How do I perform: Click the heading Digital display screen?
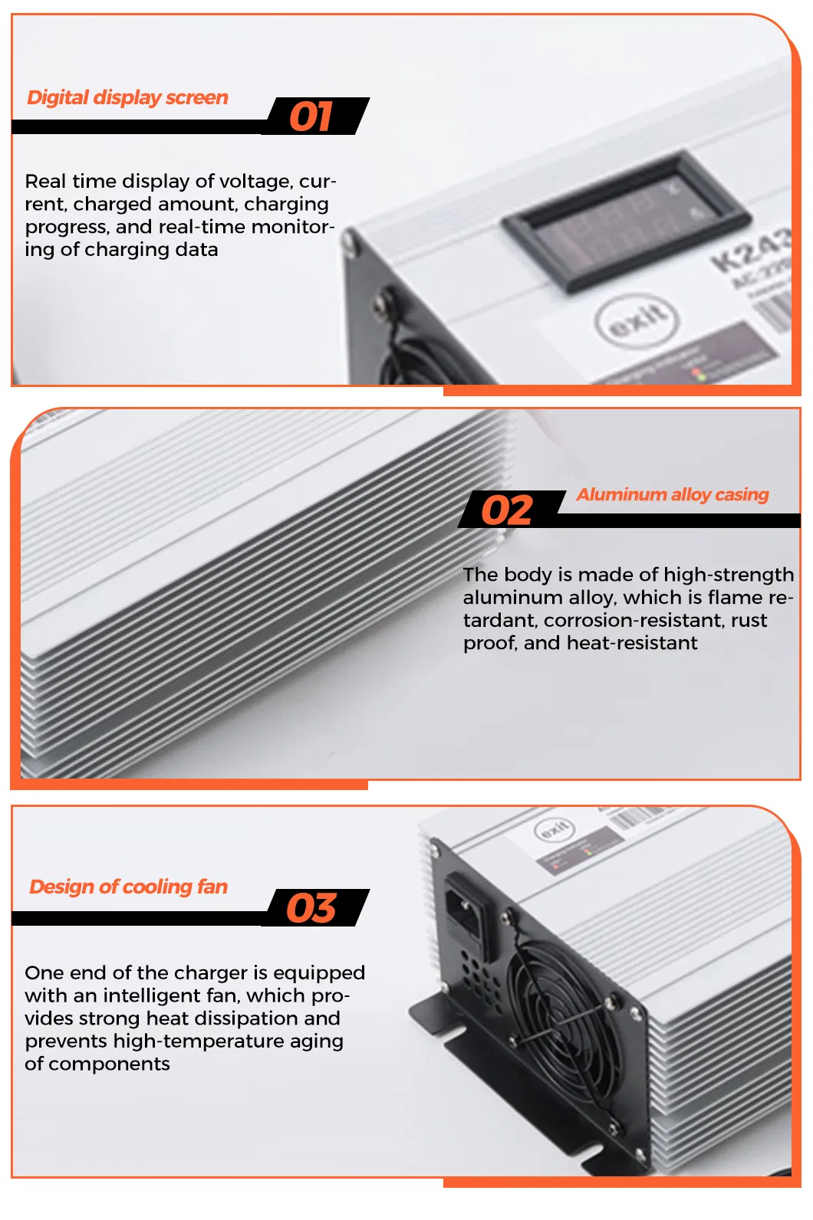[x=127, y=97]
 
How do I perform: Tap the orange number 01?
[x=311, y=117]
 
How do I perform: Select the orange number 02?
[x=506, y=511]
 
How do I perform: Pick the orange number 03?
[x=311, y=908]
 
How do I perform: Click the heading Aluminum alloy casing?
[x=672, y=495]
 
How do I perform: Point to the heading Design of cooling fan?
[x=128, y=887]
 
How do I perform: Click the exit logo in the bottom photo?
[x=554, y=830]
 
